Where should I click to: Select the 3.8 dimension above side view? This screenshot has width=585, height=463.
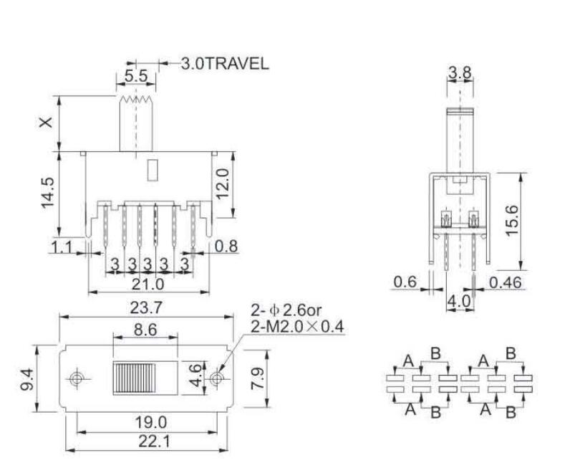[459, 72]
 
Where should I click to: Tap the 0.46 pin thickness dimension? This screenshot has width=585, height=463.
[506, 282]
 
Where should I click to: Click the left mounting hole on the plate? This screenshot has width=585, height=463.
[76, 378]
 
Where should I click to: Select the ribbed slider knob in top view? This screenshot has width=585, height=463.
[133, 378]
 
